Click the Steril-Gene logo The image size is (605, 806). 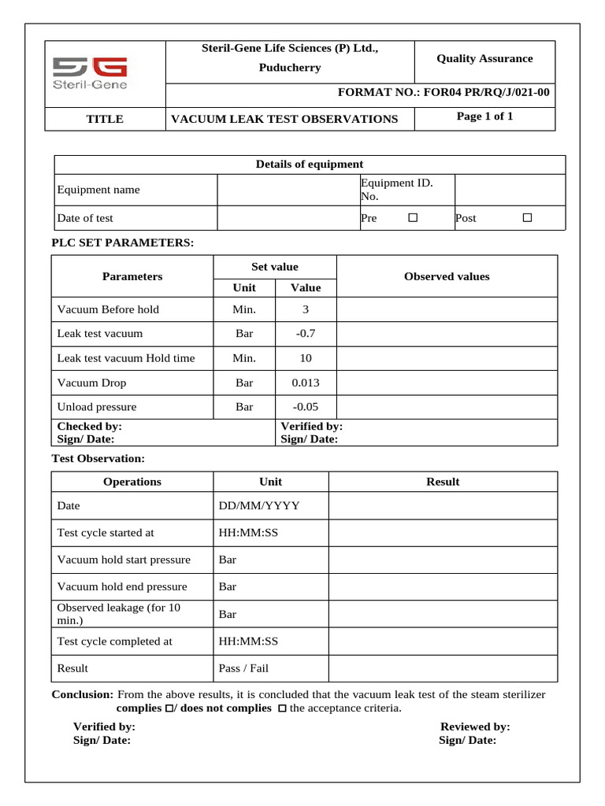(89, 73)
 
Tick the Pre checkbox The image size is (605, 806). (413, 217)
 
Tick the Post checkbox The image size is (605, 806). (528, 217)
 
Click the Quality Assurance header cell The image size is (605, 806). (484, 58)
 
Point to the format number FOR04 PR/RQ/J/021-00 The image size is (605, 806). (444, 93)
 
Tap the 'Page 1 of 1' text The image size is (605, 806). (484, 116)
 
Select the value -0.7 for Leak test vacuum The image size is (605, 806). (306, 334)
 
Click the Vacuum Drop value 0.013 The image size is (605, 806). (306, 383)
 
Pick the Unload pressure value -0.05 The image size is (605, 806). (306, 407)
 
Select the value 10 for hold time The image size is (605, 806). (306, 358)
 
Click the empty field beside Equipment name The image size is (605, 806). (287, 190)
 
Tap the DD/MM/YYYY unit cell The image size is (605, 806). (259, 505)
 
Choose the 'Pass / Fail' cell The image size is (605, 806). (243, 668)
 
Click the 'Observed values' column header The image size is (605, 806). (447, 276)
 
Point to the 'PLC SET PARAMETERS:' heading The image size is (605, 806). (122, 242)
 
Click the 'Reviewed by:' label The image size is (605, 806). (475, 727)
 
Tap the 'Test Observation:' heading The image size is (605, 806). (98, 458)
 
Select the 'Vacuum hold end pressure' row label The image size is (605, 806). (122, 586)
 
